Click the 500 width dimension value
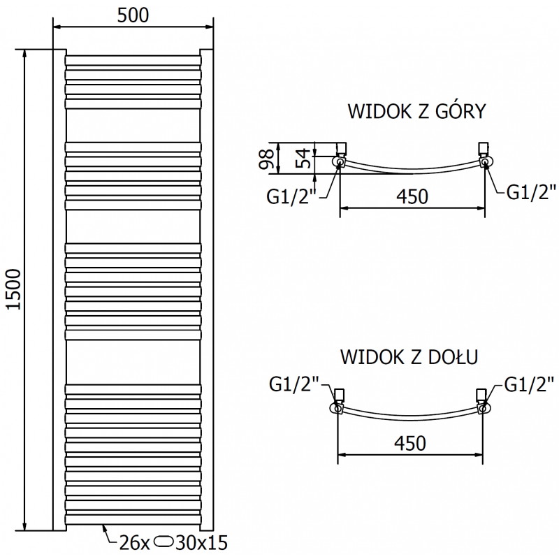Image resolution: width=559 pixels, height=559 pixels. coord(133,15)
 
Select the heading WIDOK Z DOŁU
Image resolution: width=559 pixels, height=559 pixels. coord(409,358)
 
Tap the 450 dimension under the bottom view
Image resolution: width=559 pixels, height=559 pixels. coord(411,442)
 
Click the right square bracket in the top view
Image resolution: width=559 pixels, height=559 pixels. coord(482,147)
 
